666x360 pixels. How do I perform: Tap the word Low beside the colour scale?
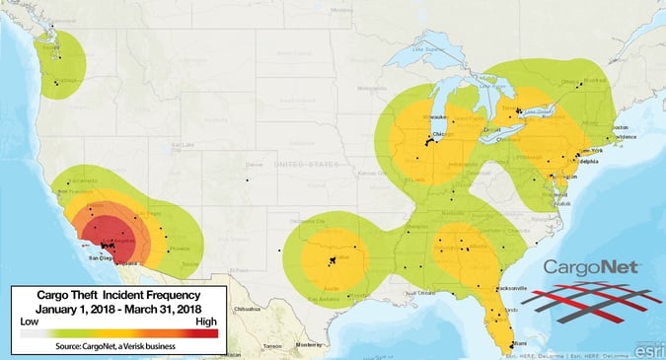click(x=31, y=322)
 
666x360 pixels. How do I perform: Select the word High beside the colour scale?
click(x=205, y=322)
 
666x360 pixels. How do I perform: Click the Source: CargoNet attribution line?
click(x=117, y=346)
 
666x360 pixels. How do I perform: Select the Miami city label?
click(x=512, y=343)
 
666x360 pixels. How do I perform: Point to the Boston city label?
click(x=620, y=127)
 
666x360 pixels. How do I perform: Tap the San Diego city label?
click(x=103, y=258)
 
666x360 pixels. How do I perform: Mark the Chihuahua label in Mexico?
click(x=246, y=308)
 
